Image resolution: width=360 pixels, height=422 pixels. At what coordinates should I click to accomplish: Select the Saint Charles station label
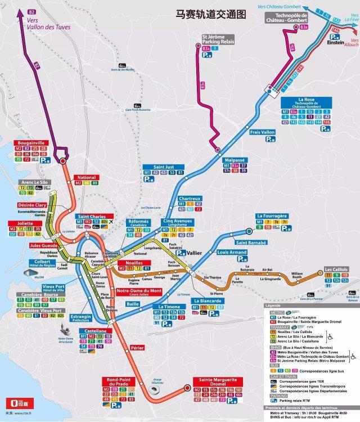92,217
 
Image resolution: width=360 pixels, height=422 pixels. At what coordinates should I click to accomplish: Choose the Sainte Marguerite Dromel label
214,383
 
